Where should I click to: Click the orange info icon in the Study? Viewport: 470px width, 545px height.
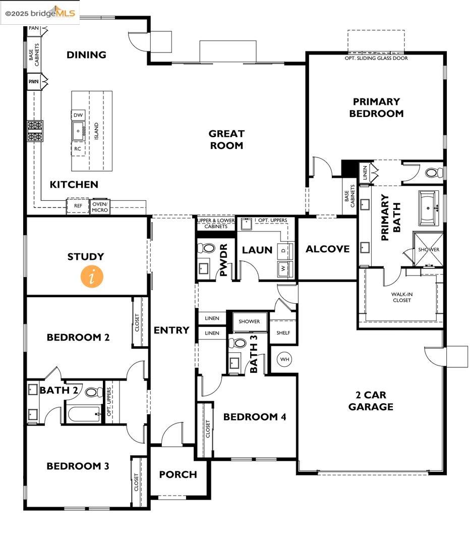point(92,277)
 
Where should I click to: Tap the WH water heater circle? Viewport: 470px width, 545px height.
point(284,359)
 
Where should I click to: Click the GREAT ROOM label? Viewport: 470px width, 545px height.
point(226,139)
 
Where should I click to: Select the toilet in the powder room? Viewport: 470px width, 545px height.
point(207,248)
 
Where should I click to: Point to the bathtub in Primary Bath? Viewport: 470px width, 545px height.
point(429,208)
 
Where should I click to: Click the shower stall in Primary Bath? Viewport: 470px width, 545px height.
point(428,249)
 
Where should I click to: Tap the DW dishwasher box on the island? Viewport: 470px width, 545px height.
point(78,115)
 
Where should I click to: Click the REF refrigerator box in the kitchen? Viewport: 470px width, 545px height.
point(78,206)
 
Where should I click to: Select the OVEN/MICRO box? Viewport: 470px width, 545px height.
point(100,207)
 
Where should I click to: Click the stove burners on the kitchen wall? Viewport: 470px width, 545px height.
point(35,131)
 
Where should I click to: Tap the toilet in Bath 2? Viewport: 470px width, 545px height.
point(93,392)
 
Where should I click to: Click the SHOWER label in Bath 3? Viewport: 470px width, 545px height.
point(249,321)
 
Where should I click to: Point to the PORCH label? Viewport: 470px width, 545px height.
point(178,474)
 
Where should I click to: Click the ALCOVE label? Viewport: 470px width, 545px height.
point(328,249)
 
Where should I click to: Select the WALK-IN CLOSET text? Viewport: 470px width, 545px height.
point(402,297)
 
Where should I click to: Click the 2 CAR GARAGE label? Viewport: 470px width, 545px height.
point(371,401)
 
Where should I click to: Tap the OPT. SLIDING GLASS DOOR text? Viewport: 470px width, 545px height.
point(376,58)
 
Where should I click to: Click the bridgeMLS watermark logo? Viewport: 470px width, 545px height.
point(40,13)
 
